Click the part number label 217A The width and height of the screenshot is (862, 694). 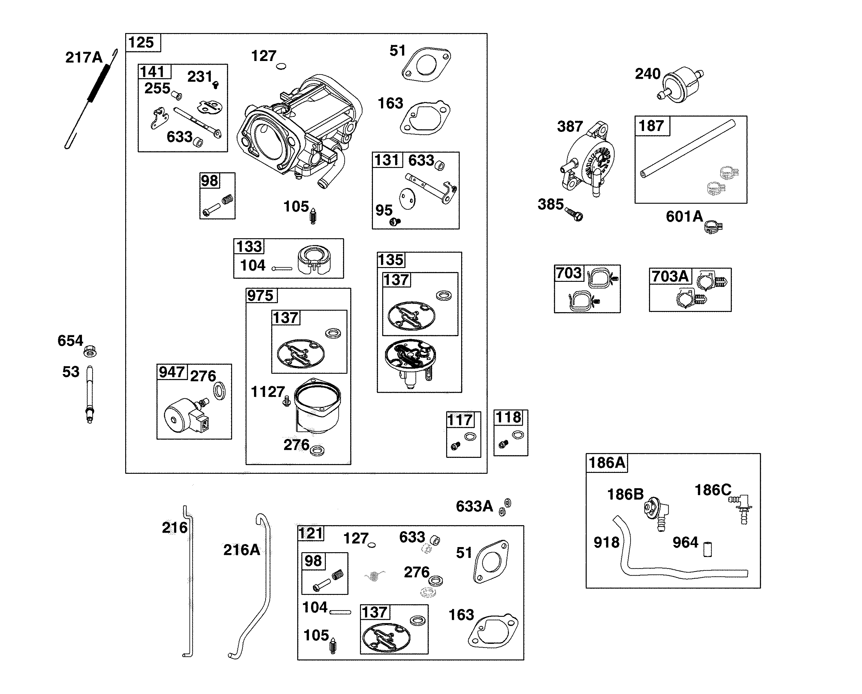pyautogui.click(x=84, y=58)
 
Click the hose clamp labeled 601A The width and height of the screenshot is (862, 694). pyautogui.click(x=713, y=227)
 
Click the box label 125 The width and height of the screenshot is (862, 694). pyautogui.click(x=141, y=42)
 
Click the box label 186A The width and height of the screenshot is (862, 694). pyautogui.click(x=606, y=463)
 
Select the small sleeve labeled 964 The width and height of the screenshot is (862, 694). pyautogui.click(x=707, y=549)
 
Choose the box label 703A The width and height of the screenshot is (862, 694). pyautogui.click(x=670, y=276)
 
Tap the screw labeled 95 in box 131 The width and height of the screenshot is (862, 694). pyautogui.click(x=395, y=221)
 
